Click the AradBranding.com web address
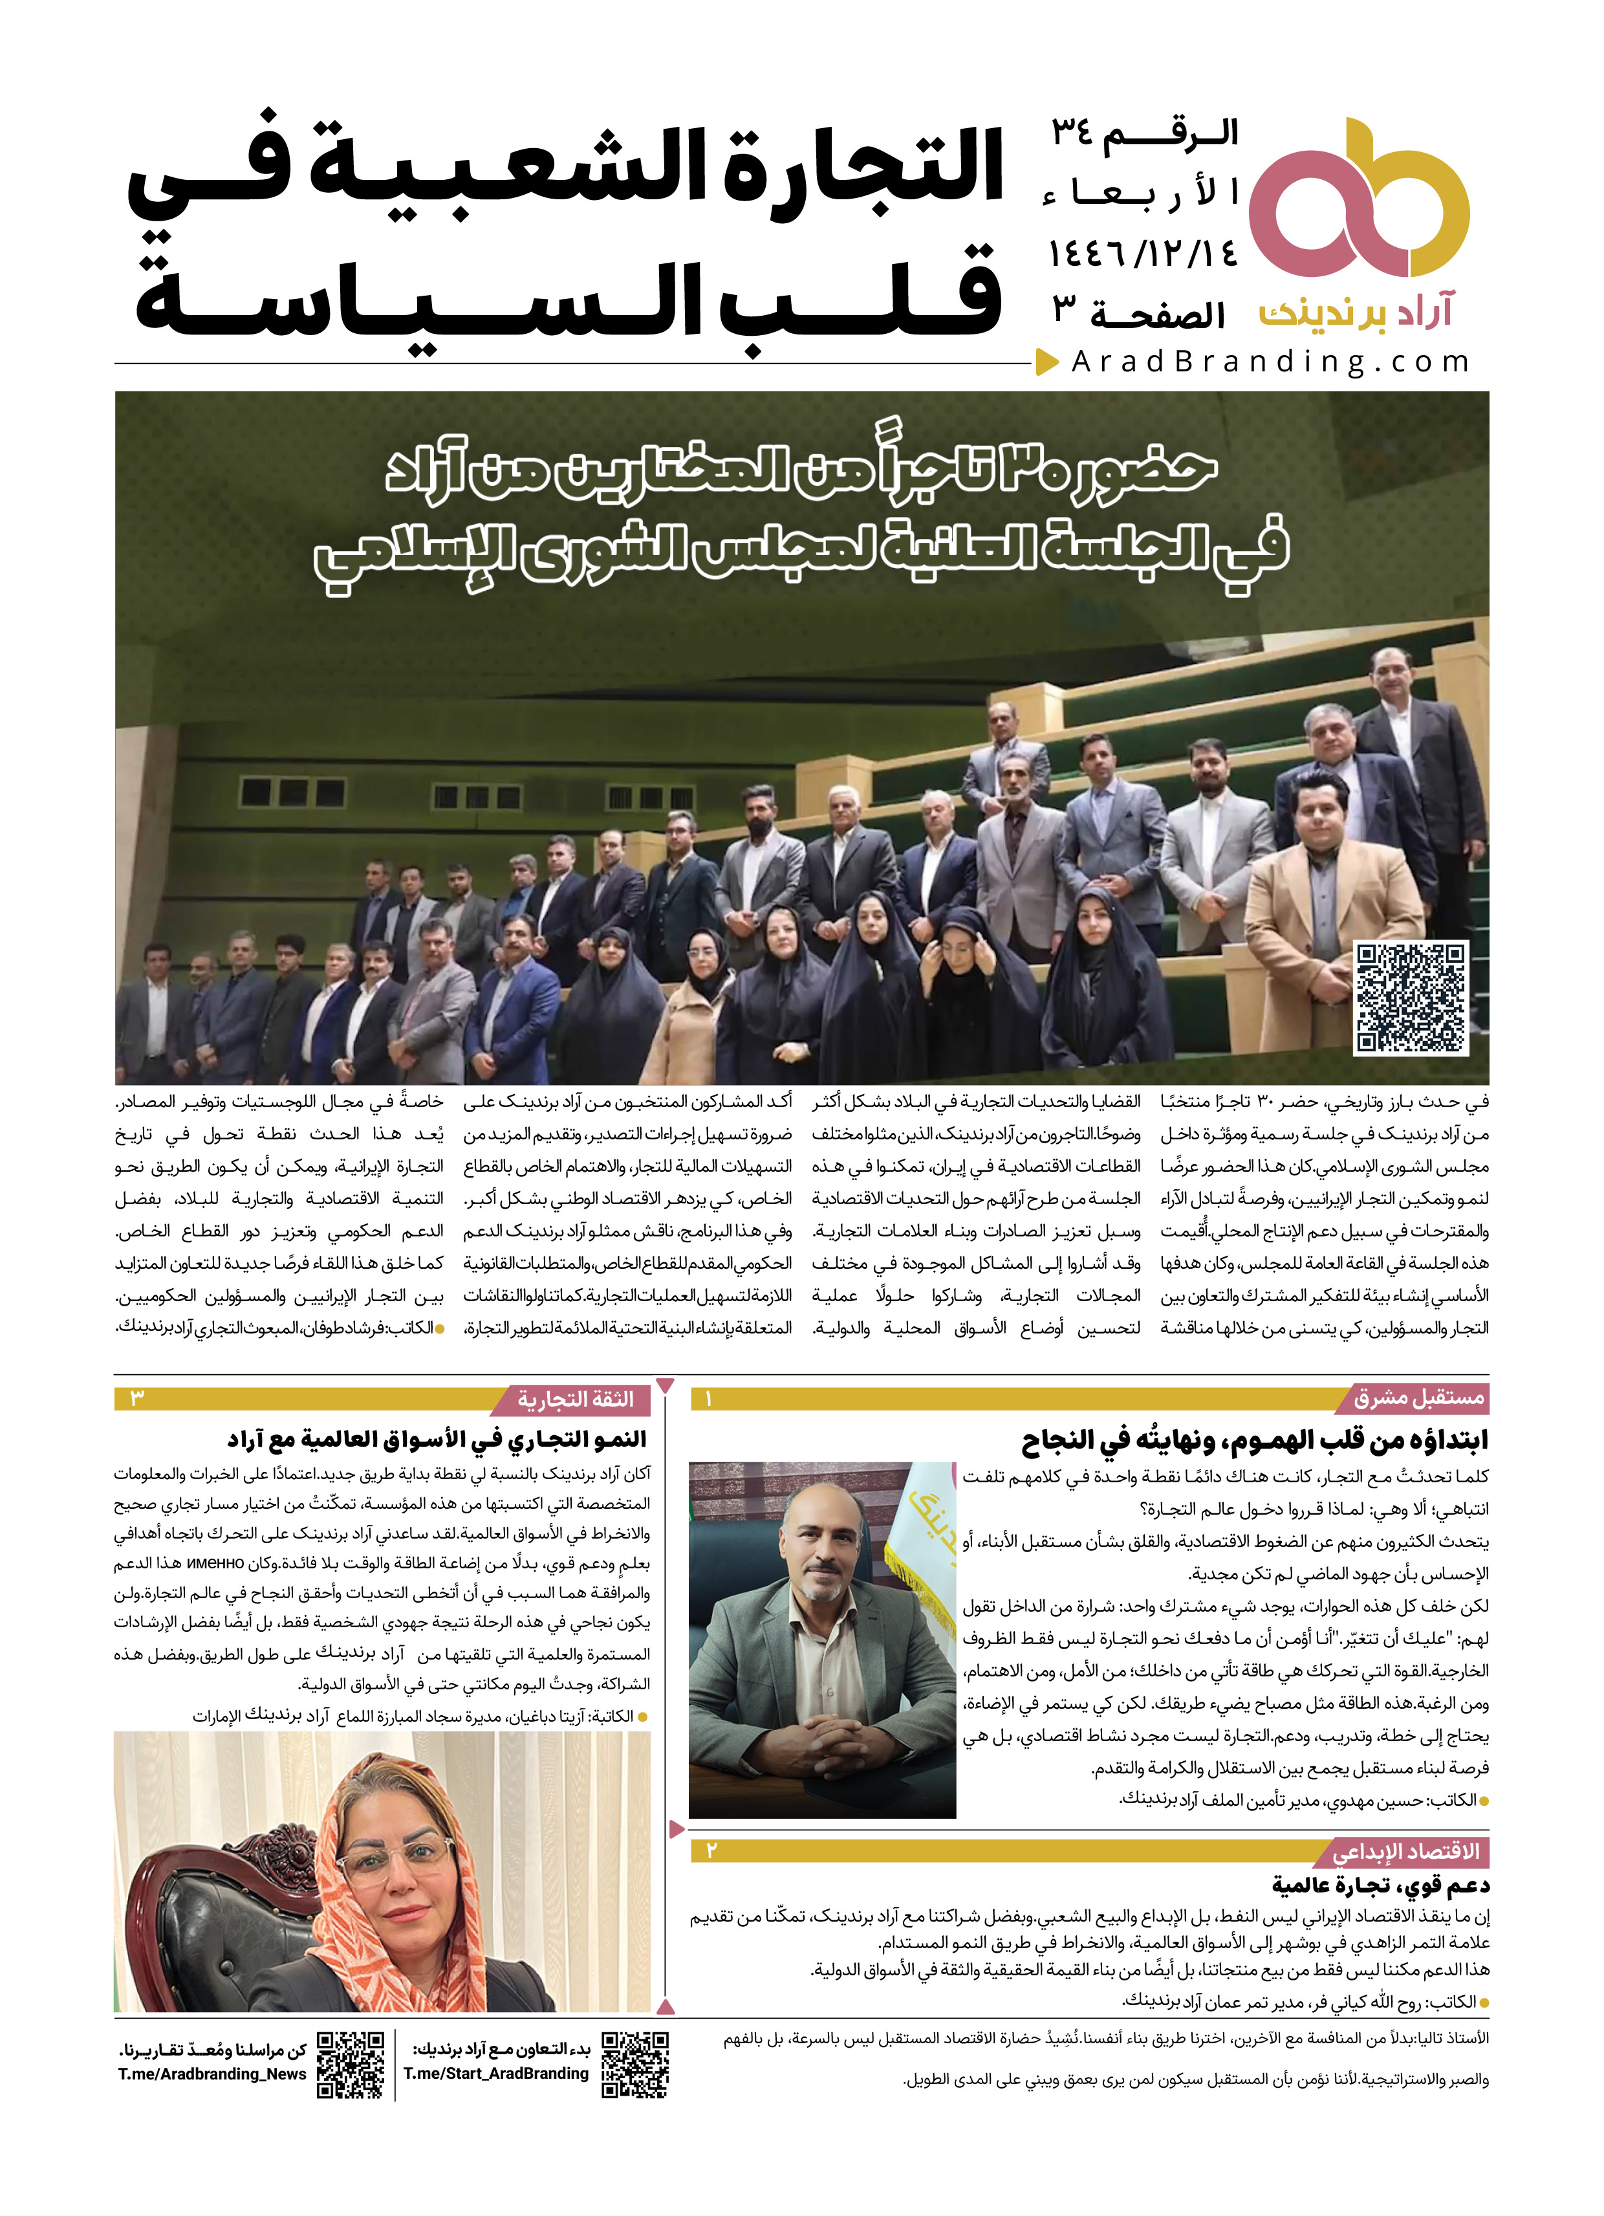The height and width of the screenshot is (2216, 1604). [x=1270, y=362]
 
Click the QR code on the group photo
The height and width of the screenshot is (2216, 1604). [x=1411, y=998]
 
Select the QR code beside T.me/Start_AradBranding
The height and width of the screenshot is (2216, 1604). [x=635, y=2065]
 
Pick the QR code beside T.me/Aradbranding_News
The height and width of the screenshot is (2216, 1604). [x=350, y=2065]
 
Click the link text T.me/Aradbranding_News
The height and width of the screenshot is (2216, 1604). [x=212, y=2074]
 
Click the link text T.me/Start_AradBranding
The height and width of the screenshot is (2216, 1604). [x=496, y=2074]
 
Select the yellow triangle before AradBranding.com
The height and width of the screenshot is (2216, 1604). [x=1046, y=362]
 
